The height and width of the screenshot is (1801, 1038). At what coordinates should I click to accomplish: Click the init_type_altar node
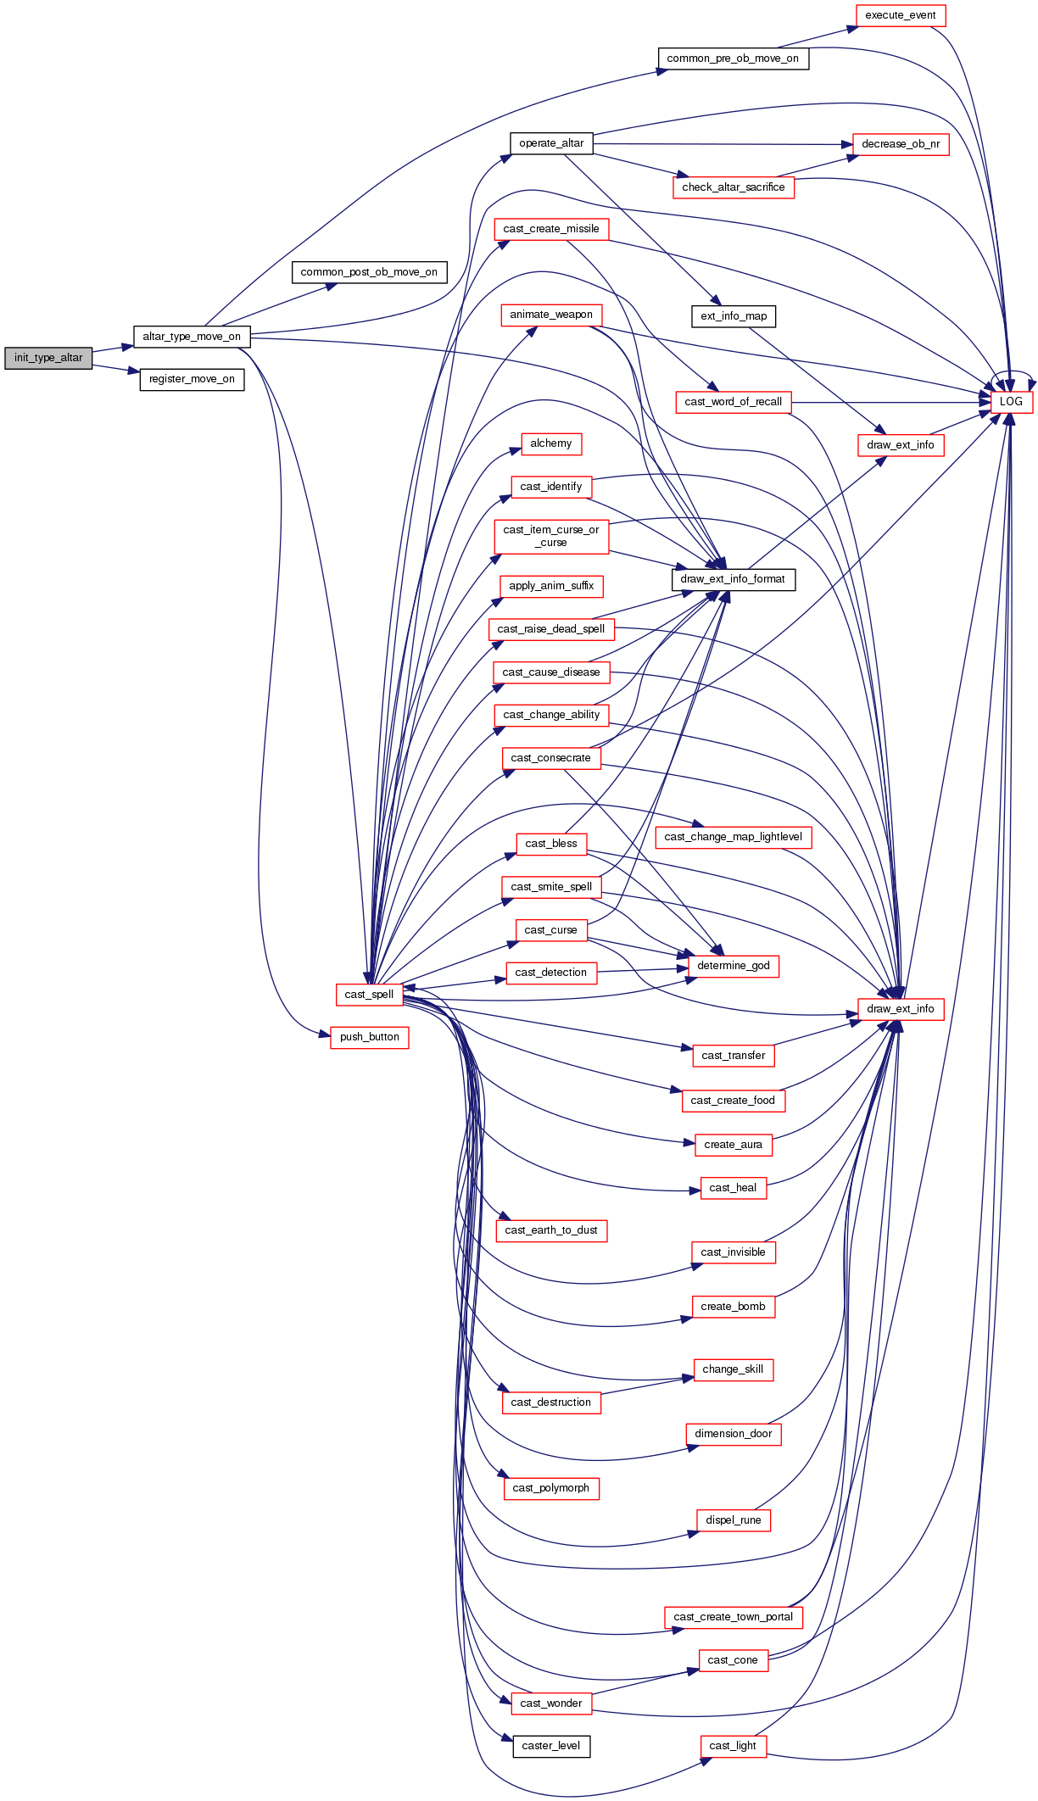coord(48,358)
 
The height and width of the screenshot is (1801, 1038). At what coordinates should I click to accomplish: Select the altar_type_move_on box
coord(192,337)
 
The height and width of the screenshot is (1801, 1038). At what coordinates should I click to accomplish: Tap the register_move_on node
coord(192,379)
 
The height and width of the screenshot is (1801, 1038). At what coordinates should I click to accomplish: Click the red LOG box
coord(1011,402)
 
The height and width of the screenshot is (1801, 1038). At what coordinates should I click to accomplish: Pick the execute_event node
coord(900,15)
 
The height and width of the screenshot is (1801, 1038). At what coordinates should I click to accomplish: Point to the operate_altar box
coord(551,143)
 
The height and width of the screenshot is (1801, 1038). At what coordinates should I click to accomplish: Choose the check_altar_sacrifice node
coord(733,187)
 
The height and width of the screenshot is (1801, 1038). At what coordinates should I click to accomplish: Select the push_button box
coord(369,1037)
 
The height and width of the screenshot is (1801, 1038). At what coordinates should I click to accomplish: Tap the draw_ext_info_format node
coord(733,579)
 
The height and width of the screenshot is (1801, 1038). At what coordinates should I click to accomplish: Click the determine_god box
coord(733,966)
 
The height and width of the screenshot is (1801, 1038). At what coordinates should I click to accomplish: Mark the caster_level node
coord(551,1746)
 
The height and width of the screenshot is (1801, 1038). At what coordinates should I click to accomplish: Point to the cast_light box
coord(733,1746)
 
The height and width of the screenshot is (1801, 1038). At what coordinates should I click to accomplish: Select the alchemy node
coord(551,443)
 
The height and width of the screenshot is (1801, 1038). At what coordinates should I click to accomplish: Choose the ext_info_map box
coord(733,316)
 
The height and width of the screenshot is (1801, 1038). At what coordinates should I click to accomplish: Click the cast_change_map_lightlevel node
coord(733,837)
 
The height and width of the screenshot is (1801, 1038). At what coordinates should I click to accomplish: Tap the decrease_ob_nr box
coord(900,144)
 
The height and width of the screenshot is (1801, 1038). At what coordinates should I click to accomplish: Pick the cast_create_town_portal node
coord(733,1617)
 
